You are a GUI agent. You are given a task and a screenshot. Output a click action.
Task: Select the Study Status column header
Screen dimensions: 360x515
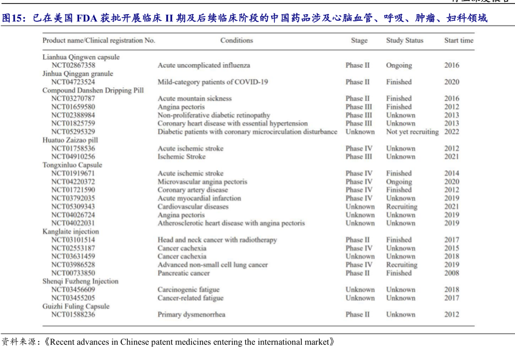click(404, 40)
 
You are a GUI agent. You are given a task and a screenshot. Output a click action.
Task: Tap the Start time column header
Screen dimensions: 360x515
click(459, 40)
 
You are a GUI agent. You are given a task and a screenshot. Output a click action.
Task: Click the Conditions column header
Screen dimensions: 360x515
click(236, 40)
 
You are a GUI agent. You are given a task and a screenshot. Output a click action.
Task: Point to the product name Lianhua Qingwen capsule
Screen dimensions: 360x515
click(81, 57)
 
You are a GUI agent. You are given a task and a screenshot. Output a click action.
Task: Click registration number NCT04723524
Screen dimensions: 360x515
click(73, 82)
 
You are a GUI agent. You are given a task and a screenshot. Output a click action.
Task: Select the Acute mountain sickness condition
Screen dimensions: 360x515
click(195, 98)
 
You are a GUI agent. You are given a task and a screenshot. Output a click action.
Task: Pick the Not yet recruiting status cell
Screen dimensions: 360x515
click(412, 131)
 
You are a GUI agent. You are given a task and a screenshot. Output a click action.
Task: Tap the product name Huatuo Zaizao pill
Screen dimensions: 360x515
click(70, 140)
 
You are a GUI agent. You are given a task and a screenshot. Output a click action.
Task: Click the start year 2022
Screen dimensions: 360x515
click(451, 131)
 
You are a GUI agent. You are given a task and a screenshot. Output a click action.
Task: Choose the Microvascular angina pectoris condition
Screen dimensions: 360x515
click(202, 182)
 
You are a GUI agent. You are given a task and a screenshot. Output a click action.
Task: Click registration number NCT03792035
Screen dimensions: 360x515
click(73, 198)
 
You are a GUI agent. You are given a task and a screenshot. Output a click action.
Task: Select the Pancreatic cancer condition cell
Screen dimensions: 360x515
click(183, 273)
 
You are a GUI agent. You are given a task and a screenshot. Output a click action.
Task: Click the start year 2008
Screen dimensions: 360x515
click(451, 273)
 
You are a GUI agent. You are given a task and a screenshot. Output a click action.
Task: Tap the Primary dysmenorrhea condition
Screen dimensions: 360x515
click(191, 315)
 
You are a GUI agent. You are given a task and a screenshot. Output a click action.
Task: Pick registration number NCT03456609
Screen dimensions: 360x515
click(73, 290)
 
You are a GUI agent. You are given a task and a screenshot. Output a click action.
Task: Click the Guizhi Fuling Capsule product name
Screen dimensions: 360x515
click(76, 306)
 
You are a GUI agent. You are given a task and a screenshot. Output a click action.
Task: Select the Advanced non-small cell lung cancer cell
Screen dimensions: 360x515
click(212, 265)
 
